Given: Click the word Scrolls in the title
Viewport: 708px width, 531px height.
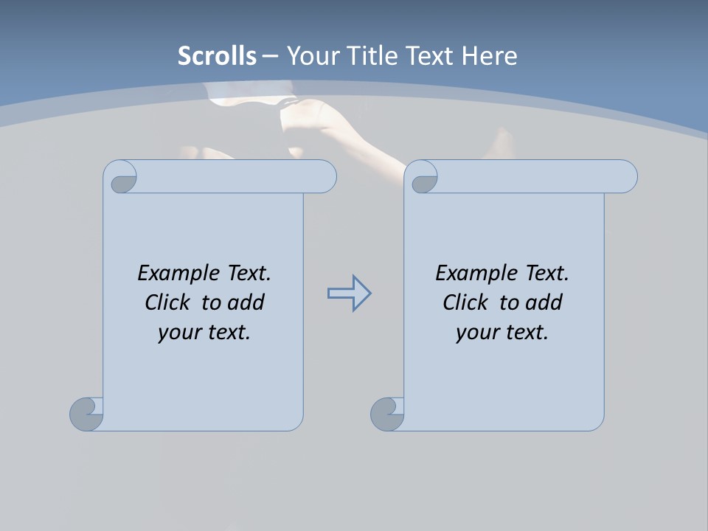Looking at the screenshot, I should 217,56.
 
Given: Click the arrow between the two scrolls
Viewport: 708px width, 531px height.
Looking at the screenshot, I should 349,294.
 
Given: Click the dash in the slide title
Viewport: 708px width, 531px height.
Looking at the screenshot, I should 270,56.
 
